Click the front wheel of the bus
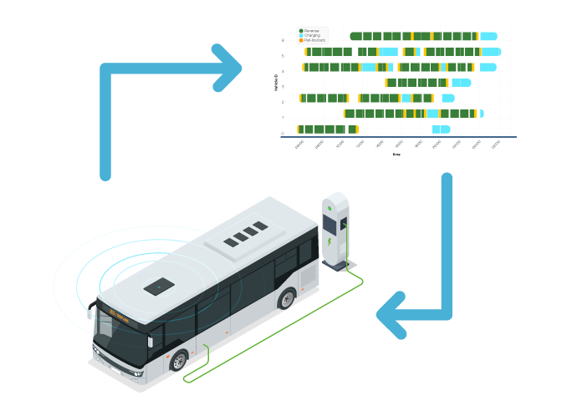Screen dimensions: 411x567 [x=178, y=362]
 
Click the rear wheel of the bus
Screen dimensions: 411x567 [x=288, y=298]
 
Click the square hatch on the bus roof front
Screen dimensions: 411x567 [x=158, y=287]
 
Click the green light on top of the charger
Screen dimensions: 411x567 [x=329, y=206]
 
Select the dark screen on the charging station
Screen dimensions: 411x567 [x=329, y=223]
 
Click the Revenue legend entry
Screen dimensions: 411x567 [x=310, y=31]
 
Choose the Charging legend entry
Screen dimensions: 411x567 [x=310, y=35]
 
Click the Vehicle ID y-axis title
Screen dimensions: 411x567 [x=275, y=83]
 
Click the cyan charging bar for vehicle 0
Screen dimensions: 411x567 [x=441, y=129]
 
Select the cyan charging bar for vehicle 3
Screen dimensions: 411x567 [x=461, y=83]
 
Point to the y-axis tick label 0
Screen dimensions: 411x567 [x=283, y=134]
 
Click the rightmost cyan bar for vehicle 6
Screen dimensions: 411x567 [x=488, y=36]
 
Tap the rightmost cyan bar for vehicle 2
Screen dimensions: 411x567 [x=448, y=98]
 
